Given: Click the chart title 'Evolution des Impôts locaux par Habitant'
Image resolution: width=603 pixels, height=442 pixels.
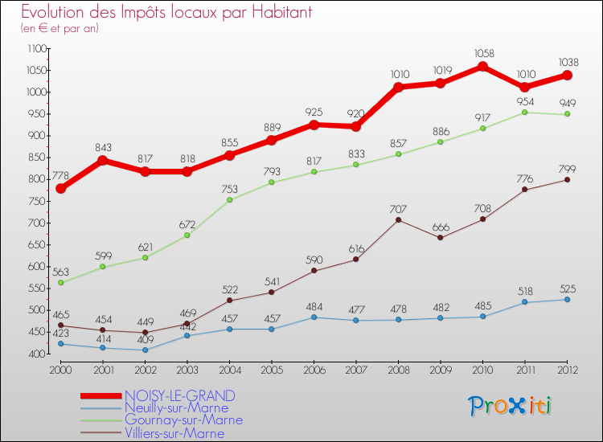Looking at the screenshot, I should click(166, 13).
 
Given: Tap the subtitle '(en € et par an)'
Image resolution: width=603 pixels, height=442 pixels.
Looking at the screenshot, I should click(59, 28).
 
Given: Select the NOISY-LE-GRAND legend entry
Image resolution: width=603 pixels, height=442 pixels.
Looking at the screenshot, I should click(179, 395).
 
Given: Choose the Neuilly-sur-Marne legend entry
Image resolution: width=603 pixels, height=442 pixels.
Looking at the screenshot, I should click(176, 407).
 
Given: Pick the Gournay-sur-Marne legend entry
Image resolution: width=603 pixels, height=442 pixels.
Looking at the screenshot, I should click(183, 419).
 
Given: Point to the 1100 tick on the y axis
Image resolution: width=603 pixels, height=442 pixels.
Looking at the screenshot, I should click(36, 48).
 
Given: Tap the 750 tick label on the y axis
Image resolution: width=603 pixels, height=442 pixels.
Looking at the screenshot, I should click(36, 201).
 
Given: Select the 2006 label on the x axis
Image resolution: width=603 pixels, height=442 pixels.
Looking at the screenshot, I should click(314, 369).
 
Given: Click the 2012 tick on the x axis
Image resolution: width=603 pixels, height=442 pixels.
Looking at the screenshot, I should click(567, 369).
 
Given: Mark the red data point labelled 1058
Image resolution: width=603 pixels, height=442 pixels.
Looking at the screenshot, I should click(482, 67).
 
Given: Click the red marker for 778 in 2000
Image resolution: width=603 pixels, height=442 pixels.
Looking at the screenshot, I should click(61, 188).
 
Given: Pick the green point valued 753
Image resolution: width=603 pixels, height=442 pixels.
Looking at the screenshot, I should click(230, 199).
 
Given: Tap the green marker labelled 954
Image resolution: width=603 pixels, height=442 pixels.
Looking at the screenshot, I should click(524, 112).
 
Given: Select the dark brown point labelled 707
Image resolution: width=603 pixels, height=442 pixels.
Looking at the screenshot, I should click(399, 219).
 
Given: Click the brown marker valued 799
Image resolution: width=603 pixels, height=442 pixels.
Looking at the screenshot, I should click(567, 179).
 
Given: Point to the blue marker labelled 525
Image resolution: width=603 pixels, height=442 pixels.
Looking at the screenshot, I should click(567, 299).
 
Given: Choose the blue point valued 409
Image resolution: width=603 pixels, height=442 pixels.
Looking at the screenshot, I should click(146, 350).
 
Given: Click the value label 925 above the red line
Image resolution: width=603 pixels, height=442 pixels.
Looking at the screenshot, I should click(314, 110).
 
